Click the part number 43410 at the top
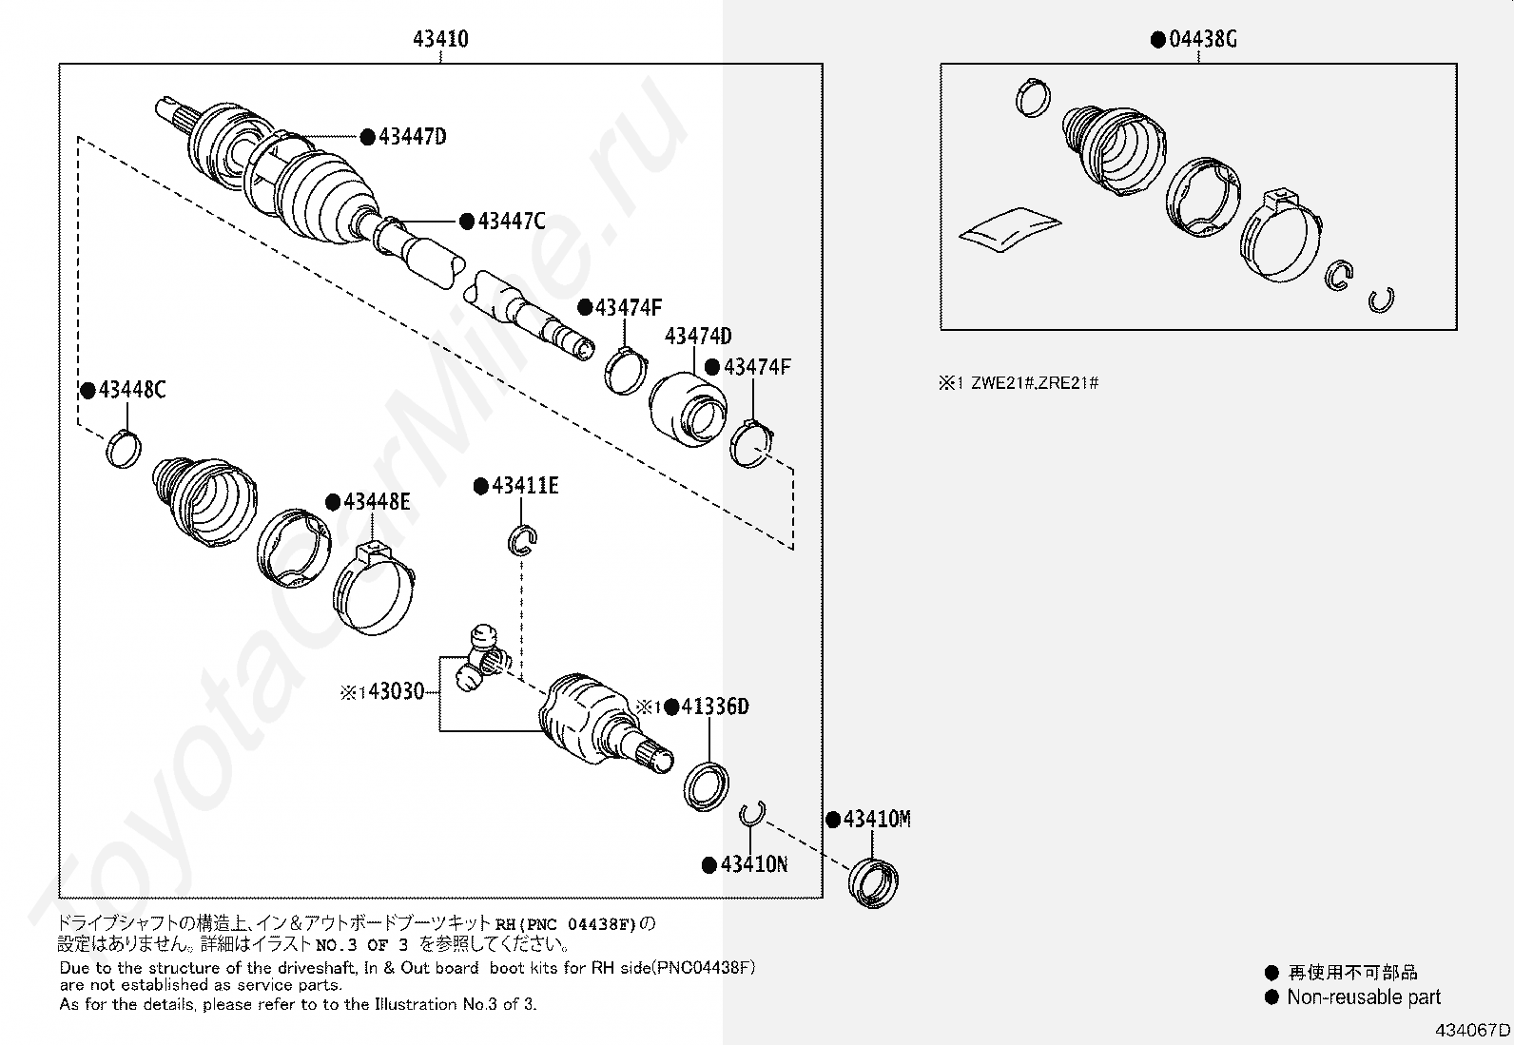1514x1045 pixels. pyautogui.click(x=440, y=39)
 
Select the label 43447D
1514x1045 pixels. pyautogui.click(x=412, y=137)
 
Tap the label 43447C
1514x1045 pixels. pyautogui.click(x=512, y=222)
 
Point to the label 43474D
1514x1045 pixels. pyautogui.click(x=698, y=337)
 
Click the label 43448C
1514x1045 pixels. pyautogui.click(x=131, y=390)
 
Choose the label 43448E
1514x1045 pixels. pyautogui.click(x=377, y=502)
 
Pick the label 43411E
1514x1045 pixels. pyautogui.click(x=525, y=487)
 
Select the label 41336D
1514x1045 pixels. pyautogui.click(x=715, y=706)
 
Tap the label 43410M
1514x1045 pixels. pyautogui.click(x=877, y=819)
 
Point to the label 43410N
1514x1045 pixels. pyautogui.click(x=753, y=864)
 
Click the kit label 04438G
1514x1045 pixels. pyautogui.click(x=1202, y=39)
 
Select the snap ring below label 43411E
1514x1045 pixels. pyautogui.click(x=523, y=539)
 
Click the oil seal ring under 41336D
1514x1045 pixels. pyautogui.click(x=707, y=785)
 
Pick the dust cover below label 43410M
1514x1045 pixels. pyautogui.click(x=873, y=882)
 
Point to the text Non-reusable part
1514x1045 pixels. pyautogui.click(x=1363, y=997)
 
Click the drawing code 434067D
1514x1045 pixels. pyautogui.click(x=1473, y=1031)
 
